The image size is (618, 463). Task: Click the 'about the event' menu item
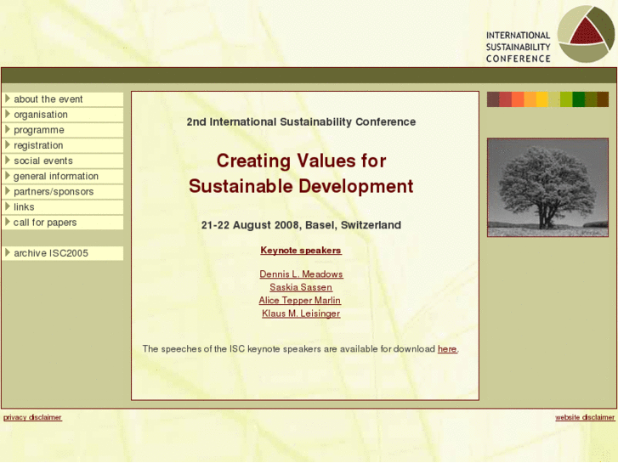[48, 99]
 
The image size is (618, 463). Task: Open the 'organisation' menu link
[41, 115]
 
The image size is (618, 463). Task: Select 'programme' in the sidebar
[39, 130]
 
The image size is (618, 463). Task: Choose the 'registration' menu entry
[38, 145]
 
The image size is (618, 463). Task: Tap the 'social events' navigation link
[43, 161]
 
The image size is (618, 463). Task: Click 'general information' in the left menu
[56, 176]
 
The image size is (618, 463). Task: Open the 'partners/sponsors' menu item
[54, 191]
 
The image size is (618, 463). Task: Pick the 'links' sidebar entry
[24, 206]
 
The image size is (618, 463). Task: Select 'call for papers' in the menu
[45, 222]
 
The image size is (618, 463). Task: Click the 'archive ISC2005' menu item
[51, 253]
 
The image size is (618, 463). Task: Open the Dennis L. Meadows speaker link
[301, 274]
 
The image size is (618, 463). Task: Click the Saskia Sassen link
[301, 287]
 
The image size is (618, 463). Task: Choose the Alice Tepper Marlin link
[300, 301]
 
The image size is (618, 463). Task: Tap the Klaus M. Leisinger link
[301, 313]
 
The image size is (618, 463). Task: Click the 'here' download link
[447, 349]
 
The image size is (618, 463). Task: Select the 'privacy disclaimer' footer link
[32, 417]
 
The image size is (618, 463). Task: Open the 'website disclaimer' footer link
[585, 417]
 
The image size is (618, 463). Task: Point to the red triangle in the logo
[589, 32]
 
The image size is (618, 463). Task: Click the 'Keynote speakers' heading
[301, 251]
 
